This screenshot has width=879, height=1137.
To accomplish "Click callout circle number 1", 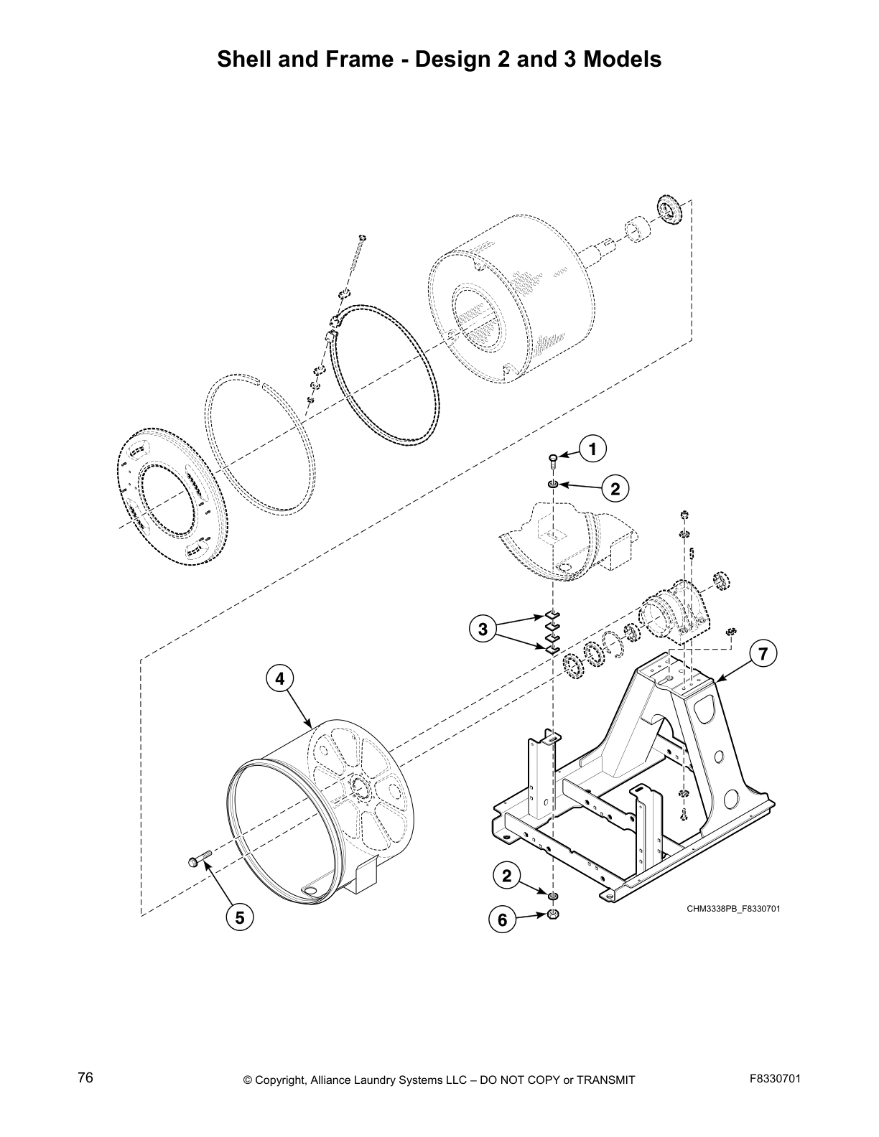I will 592,450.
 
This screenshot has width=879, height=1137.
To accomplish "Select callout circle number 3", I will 483,630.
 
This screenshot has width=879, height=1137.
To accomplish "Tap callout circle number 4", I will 280,678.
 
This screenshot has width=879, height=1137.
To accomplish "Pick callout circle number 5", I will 240,917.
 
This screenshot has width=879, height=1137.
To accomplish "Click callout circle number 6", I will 503,920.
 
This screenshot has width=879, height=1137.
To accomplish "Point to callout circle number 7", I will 763,653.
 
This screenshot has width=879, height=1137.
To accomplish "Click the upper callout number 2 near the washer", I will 615,490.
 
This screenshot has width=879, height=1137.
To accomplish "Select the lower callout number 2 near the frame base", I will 507,876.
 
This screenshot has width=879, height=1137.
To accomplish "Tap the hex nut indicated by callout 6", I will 553,914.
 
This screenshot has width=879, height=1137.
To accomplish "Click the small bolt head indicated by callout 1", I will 553,458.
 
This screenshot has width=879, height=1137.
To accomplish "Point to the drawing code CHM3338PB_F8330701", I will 733,909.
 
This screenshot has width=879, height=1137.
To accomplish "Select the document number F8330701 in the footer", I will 775,1078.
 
